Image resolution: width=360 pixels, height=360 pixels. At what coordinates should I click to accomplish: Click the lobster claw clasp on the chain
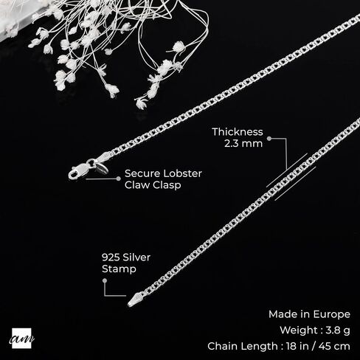click(79, 170)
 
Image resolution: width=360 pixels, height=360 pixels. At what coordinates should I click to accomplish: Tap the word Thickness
click(238, 132)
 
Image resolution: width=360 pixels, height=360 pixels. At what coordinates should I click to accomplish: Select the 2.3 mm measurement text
click(243, 143)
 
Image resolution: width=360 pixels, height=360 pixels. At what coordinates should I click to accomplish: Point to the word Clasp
click(166, 185)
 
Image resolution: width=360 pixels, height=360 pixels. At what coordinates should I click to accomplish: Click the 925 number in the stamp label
click(111, 257)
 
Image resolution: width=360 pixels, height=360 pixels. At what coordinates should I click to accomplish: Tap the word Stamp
click(119, 269)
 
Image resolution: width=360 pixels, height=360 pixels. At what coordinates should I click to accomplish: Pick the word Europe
click(332, 314)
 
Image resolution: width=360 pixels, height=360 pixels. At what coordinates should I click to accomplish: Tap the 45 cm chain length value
click(334, 346)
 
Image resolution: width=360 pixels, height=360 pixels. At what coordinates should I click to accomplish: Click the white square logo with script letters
click(21, 339)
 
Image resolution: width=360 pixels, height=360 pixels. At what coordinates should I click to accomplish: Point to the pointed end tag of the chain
click(134, 300)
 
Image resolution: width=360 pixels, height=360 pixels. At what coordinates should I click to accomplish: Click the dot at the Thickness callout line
click(269, 139)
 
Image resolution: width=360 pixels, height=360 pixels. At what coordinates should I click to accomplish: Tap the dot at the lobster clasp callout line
click(119, 179)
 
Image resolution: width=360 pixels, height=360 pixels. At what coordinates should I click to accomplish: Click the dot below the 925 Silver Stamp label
click(105, 280)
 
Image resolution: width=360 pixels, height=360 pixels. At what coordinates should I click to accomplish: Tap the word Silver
click(136, 257)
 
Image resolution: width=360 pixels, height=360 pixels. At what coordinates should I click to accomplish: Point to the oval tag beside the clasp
click(102, 168)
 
